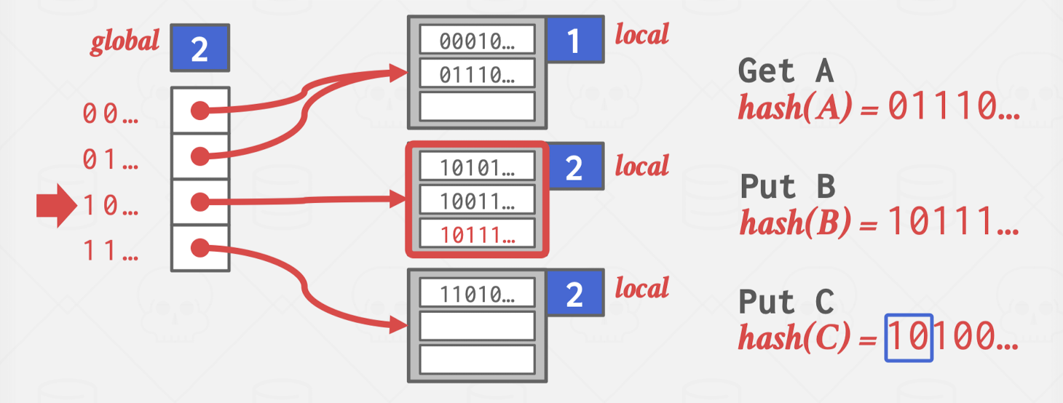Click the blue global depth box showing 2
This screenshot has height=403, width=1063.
pos(199,48)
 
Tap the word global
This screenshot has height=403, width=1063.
pos(125,42)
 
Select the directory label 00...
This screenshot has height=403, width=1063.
pos(110,113)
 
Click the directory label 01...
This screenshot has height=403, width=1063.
pos(110,159)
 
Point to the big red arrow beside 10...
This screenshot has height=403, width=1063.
pos(57,206)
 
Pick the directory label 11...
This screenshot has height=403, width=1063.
pos(110,250)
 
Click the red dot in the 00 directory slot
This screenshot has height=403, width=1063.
pos(199,111)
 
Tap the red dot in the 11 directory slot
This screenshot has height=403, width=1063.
pos(199,248)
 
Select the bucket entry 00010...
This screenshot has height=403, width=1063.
pos(477,39)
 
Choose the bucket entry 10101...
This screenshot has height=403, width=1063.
pos(477,166)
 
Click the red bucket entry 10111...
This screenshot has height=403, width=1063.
pos(477,234)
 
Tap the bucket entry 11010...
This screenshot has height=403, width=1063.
pos(477,292)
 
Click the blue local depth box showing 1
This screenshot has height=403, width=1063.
pos(574,39)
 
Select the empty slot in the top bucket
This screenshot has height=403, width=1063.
pos(477,107)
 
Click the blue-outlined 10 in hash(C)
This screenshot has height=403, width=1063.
pos(909,338)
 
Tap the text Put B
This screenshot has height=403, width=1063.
pos(788,186)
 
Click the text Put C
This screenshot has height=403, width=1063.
pos(786,301)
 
